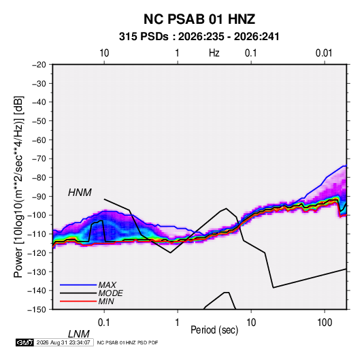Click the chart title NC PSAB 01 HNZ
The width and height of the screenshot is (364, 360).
pyautogui.click(x=199, y=19)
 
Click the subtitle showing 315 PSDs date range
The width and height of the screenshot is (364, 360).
pyautogui.click(x=199, y=37)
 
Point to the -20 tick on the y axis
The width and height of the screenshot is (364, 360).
pyautogui.click(x=39, y=65)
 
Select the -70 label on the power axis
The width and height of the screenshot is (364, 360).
pyautogui.click(x=39, y=159)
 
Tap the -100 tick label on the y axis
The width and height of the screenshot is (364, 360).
pyautogui.click(x=37, y=215)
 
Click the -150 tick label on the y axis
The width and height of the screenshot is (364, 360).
pyautogui.click(x=37, y=310)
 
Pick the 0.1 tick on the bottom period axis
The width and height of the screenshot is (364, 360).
pyautogui.click(x=104, y=323)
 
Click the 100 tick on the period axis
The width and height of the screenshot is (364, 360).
pyautogui.click(x=325, y=323)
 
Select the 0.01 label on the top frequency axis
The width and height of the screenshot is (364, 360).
pyautogui.click(x=324, y=53)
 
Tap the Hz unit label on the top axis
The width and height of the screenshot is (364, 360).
pyautogui.click(x=214, y=53)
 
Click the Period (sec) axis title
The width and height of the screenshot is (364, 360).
pyautogui.click(x=214, y=330)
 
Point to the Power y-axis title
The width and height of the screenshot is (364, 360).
pyautogui.click(x=18, y=186)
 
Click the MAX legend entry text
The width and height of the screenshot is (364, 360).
pyautogui.click(x=107, y=285)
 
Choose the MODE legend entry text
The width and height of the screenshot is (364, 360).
pyautogui.click(x=110, y=293)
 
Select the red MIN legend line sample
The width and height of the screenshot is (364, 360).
pyautogui.click(x=78, y=301)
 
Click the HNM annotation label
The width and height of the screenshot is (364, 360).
pyautogui.click(x=80, y=193)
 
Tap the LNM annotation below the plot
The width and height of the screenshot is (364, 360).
pyautogui.click(x=78, y=334)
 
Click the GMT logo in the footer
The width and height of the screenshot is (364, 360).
pyautogui.click(x=25, y=342)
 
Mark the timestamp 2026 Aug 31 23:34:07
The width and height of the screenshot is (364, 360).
pyautogui.click(x=63, y=342)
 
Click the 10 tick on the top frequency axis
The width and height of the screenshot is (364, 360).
pyautogui.click(x=104, y=53)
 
